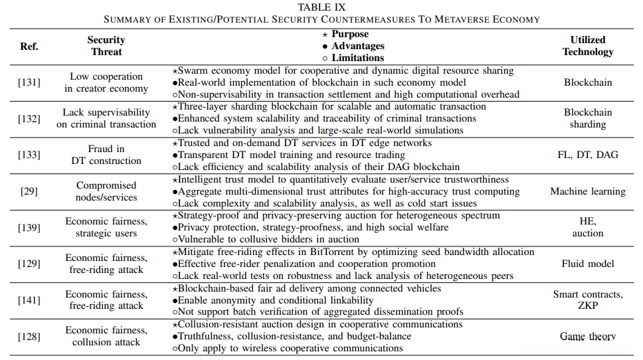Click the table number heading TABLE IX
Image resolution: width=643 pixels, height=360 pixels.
[321, 7]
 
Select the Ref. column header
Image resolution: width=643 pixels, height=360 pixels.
[29, 46]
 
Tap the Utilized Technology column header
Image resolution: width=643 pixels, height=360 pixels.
[587, 46]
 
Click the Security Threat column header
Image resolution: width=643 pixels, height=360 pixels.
[106, 46]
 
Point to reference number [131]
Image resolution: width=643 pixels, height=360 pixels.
[29, 82]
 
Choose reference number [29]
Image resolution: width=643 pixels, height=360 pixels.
[29, 191]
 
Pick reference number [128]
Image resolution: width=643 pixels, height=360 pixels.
[29, 336]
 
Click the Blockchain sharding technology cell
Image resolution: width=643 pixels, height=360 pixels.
[588, 118]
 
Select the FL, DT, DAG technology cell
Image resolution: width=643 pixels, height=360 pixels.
[588, 155]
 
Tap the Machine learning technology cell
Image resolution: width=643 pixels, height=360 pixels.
[588, 191]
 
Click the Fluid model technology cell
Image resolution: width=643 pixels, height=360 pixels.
[588, 264]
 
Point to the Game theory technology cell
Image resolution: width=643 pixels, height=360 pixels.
[588, 336]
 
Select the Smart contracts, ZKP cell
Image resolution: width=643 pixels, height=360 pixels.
[588, 300]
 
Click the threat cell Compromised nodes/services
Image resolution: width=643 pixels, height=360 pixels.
[106, 191]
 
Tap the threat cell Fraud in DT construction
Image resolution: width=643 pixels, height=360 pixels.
[106, 155]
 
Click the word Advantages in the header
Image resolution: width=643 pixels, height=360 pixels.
[358, 46]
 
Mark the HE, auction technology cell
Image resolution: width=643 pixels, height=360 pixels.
[588, 227]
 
